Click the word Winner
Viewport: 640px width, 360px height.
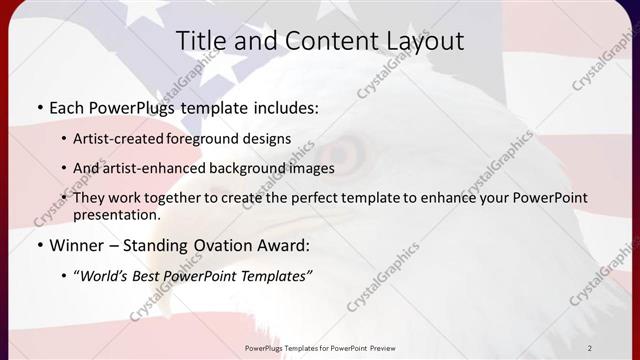coord(79,245)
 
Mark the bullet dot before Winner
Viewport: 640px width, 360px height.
coord(39,246)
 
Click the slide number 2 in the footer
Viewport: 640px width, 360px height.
coord(590,347)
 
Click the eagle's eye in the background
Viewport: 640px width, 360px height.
coord(346,153)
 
